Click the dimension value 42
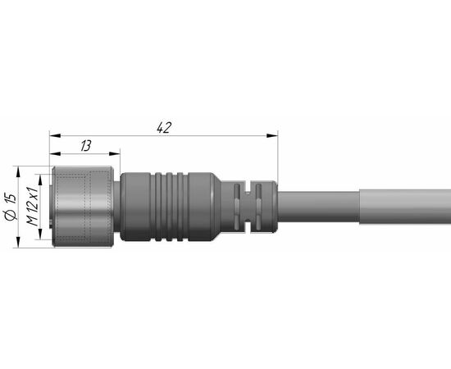[164, 127]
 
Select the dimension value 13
[86, 146]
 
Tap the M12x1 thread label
[32, 207]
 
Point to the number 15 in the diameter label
[11, 199]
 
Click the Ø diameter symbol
[11, 216]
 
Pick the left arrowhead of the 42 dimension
[55, 135]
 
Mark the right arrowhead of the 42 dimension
[272, 135]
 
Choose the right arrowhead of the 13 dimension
[115, 154]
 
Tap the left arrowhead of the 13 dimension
[55, 154]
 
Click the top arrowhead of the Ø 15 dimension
[18, 171]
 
